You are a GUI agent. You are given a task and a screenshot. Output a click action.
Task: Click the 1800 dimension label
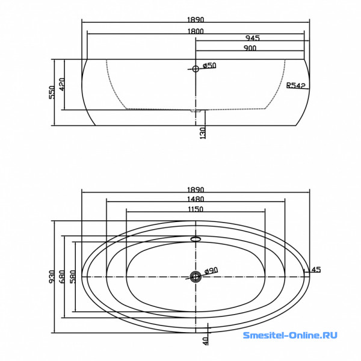[x=196, y=31]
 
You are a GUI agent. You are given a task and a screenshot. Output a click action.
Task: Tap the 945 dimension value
[x=253, y=38]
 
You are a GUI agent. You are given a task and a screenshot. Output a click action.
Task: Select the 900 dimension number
[x=250, y=48]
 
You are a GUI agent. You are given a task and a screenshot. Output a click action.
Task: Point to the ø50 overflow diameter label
[x=209, y=66]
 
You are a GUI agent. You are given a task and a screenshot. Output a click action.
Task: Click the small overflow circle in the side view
[x=196, y=69]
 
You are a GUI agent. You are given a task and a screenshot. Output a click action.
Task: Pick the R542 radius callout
[x=296, y=85]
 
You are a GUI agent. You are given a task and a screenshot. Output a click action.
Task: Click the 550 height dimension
[x=52, y=92]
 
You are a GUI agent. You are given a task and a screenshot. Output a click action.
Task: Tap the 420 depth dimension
[x=62, y=84]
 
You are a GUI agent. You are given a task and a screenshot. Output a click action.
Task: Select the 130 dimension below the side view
[x=203, y=134]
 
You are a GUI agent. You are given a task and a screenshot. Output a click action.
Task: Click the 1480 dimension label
[x=196, y=199]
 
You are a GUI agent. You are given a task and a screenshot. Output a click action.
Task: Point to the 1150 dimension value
[x=196, y=209]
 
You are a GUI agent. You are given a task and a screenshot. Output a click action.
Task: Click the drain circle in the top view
[x=196, y=276]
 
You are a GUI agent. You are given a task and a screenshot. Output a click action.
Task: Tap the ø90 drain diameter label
[x=211, y=271]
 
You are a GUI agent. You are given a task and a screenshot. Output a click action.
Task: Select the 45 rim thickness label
[x=316, y=270]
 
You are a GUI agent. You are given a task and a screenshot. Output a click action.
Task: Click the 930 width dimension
[x=52, y=277]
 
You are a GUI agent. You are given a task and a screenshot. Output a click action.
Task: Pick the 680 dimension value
[x=62, y=277]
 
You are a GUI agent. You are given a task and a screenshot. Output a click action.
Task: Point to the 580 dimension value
[x=73, y=277]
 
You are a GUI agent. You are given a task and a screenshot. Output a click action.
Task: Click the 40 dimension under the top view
[x=206, y=341]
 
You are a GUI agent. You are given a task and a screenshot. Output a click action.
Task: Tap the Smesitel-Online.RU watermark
[x=290, y=335]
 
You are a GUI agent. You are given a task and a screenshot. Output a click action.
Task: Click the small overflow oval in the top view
[x=196, y=239]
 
